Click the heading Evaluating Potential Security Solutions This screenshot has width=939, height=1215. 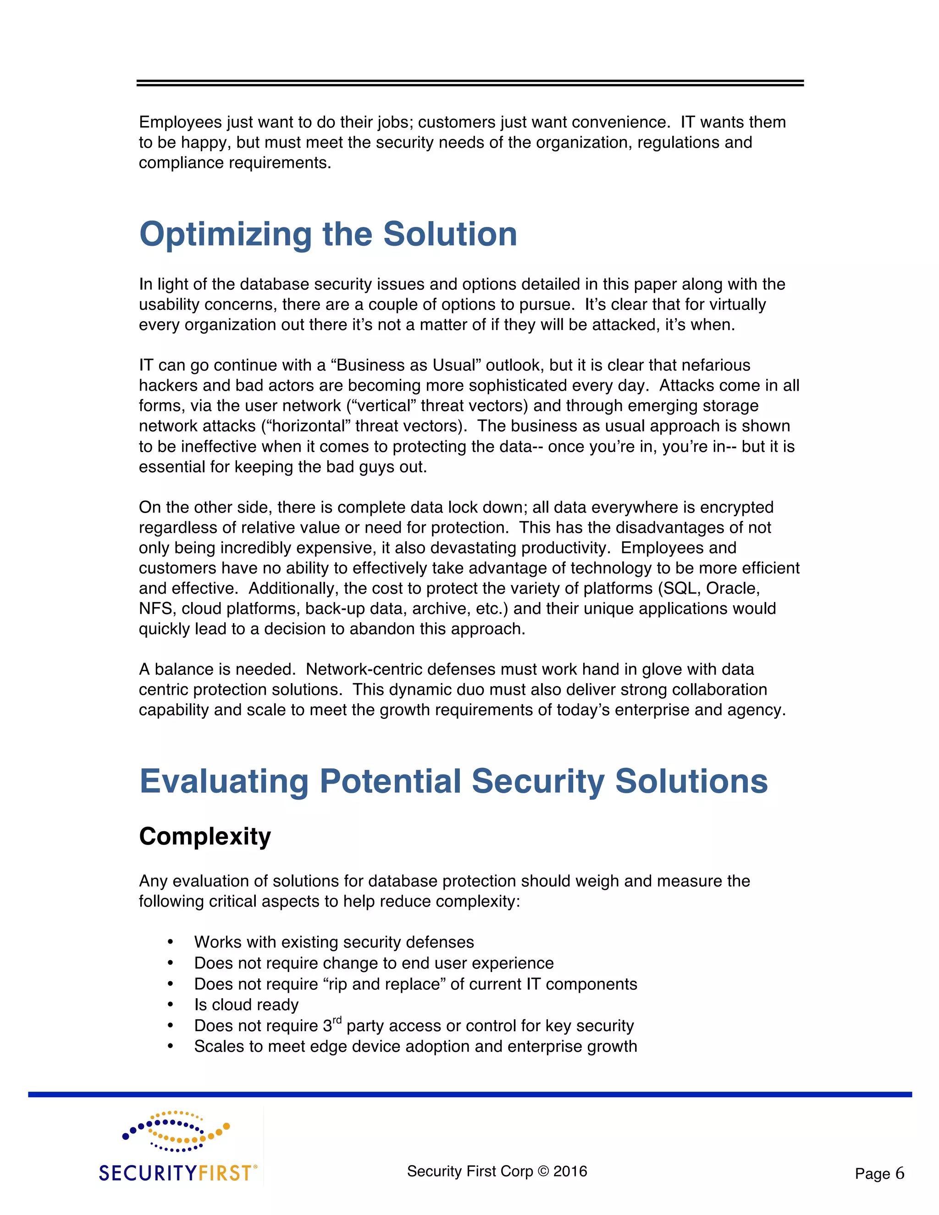(453, 781)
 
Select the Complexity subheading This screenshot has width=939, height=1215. (204, 837)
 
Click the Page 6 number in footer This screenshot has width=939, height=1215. (879, 1174)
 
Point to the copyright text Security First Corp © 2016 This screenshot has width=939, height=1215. (497, 1171)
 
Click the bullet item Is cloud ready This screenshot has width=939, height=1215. (246, 1005)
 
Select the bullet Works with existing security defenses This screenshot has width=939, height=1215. (334, 942)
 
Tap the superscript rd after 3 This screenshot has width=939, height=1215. (337, 1020)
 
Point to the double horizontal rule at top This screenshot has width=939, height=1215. (469, 83)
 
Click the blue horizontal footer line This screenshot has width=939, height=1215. (469, 1094)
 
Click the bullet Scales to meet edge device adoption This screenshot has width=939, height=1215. (415, 1046)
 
